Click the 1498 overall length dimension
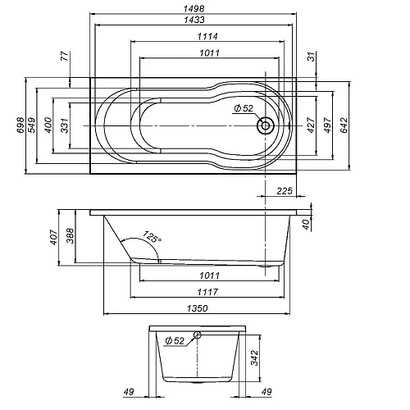pos(195,9)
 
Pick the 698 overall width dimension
pos(21,125)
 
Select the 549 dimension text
pos(34,125)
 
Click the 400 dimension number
pos(48,125)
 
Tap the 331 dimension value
pos(64,125)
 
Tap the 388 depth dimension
pos(70,236)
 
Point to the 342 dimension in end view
pos(254,358)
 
